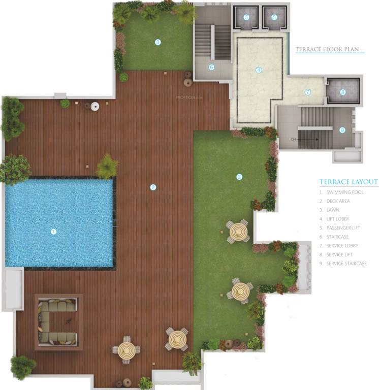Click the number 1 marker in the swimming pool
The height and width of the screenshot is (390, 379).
53,232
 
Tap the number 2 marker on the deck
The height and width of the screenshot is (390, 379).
152,187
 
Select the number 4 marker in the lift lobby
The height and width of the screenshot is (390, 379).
259,70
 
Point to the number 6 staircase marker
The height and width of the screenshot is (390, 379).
211,67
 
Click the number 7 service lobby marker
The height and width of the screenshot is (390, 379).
307,92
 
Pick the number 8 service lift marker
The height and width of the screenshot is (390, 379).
342,92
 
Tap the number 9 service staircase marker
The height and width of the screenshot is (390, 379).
342,130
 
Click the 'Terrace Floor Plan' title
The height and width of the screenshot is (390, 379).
327,49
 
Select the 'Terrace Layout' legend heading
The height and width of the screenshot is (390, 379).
349,182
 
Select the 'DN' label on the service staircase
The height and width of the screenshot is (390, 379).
293,139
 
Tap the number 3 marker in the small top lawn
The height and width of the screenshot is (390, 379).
158,42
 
